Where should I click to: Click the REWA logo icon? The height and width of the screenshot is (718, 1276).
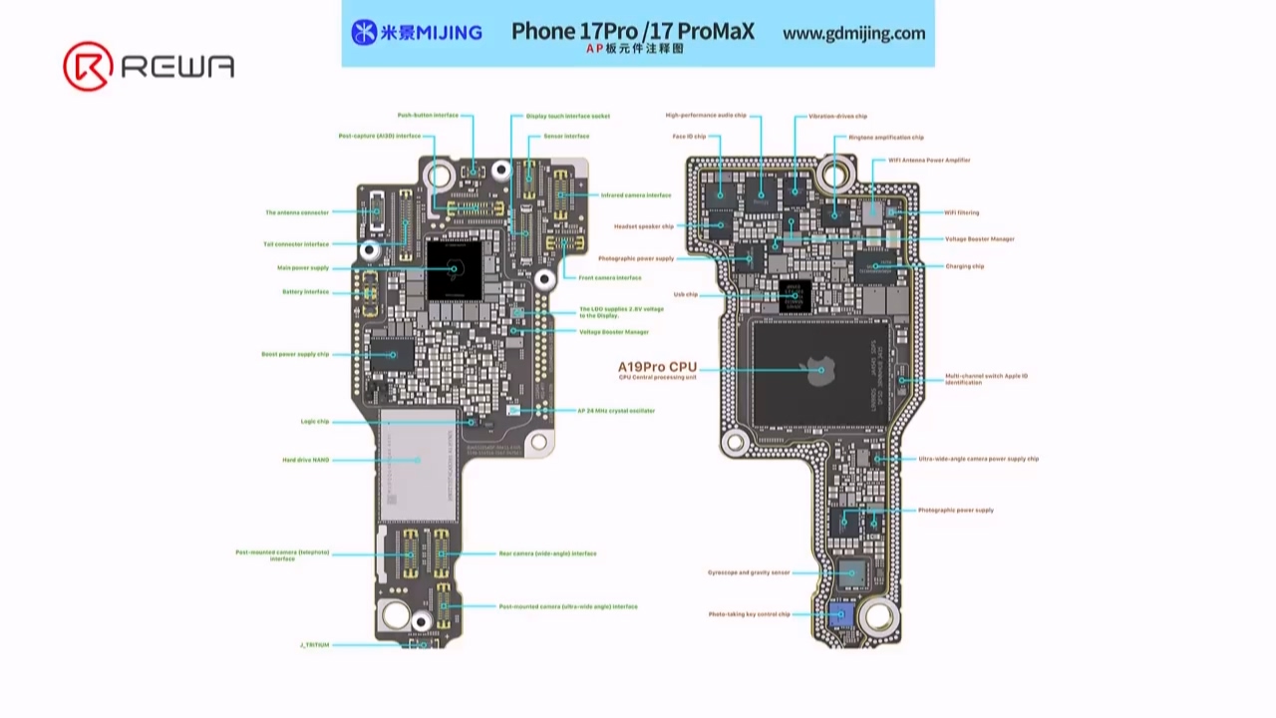point(88,67)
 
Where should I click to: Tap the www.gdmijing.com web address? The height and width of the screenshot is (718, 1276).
point(853,33)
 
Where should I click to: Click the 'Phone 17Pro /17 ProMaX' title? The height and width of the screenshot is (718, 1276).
point(632,31)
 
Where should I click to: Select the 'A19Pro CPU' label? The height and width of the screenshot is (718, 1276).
point(657,367)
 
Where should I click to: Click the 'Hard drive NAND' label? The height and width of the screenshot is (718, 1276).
point(305,460)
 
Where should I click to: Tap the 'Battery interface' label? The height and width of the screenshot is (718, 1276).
point(305,292)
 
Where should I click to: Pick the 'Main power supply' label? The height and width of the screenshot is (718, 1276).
point(303,268)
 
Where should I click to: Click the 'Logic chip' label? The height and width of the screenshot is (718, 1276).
point(315,422)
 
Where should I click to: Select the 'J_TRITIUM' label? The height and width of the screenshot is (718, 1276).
point(314,645)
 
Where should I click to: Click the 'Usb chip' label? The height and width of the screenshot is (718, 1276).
point(686,294)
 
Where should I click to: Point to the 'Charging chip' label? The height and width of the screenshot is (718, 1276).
point(964,266)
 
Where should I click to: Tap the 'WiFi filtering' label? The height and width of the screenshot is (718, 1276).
point(961,212)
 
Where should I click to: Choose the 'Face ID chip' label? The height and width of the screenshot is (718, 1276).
point(689,137)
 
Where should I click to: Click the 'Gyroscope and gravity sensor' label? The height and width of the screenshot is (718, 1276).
point(749,572)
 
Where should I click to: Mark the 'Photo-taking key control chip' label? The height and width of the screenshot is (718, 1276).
point(749,614)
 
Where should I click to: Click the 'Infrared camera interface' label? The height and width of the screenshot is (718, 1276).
point(635,195)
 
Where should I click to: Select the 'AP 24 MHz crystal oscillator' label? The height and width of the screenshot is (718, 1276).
point(616,411)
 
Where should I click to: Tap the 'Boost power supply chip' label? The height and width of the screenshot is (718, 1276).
point(295,354)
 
